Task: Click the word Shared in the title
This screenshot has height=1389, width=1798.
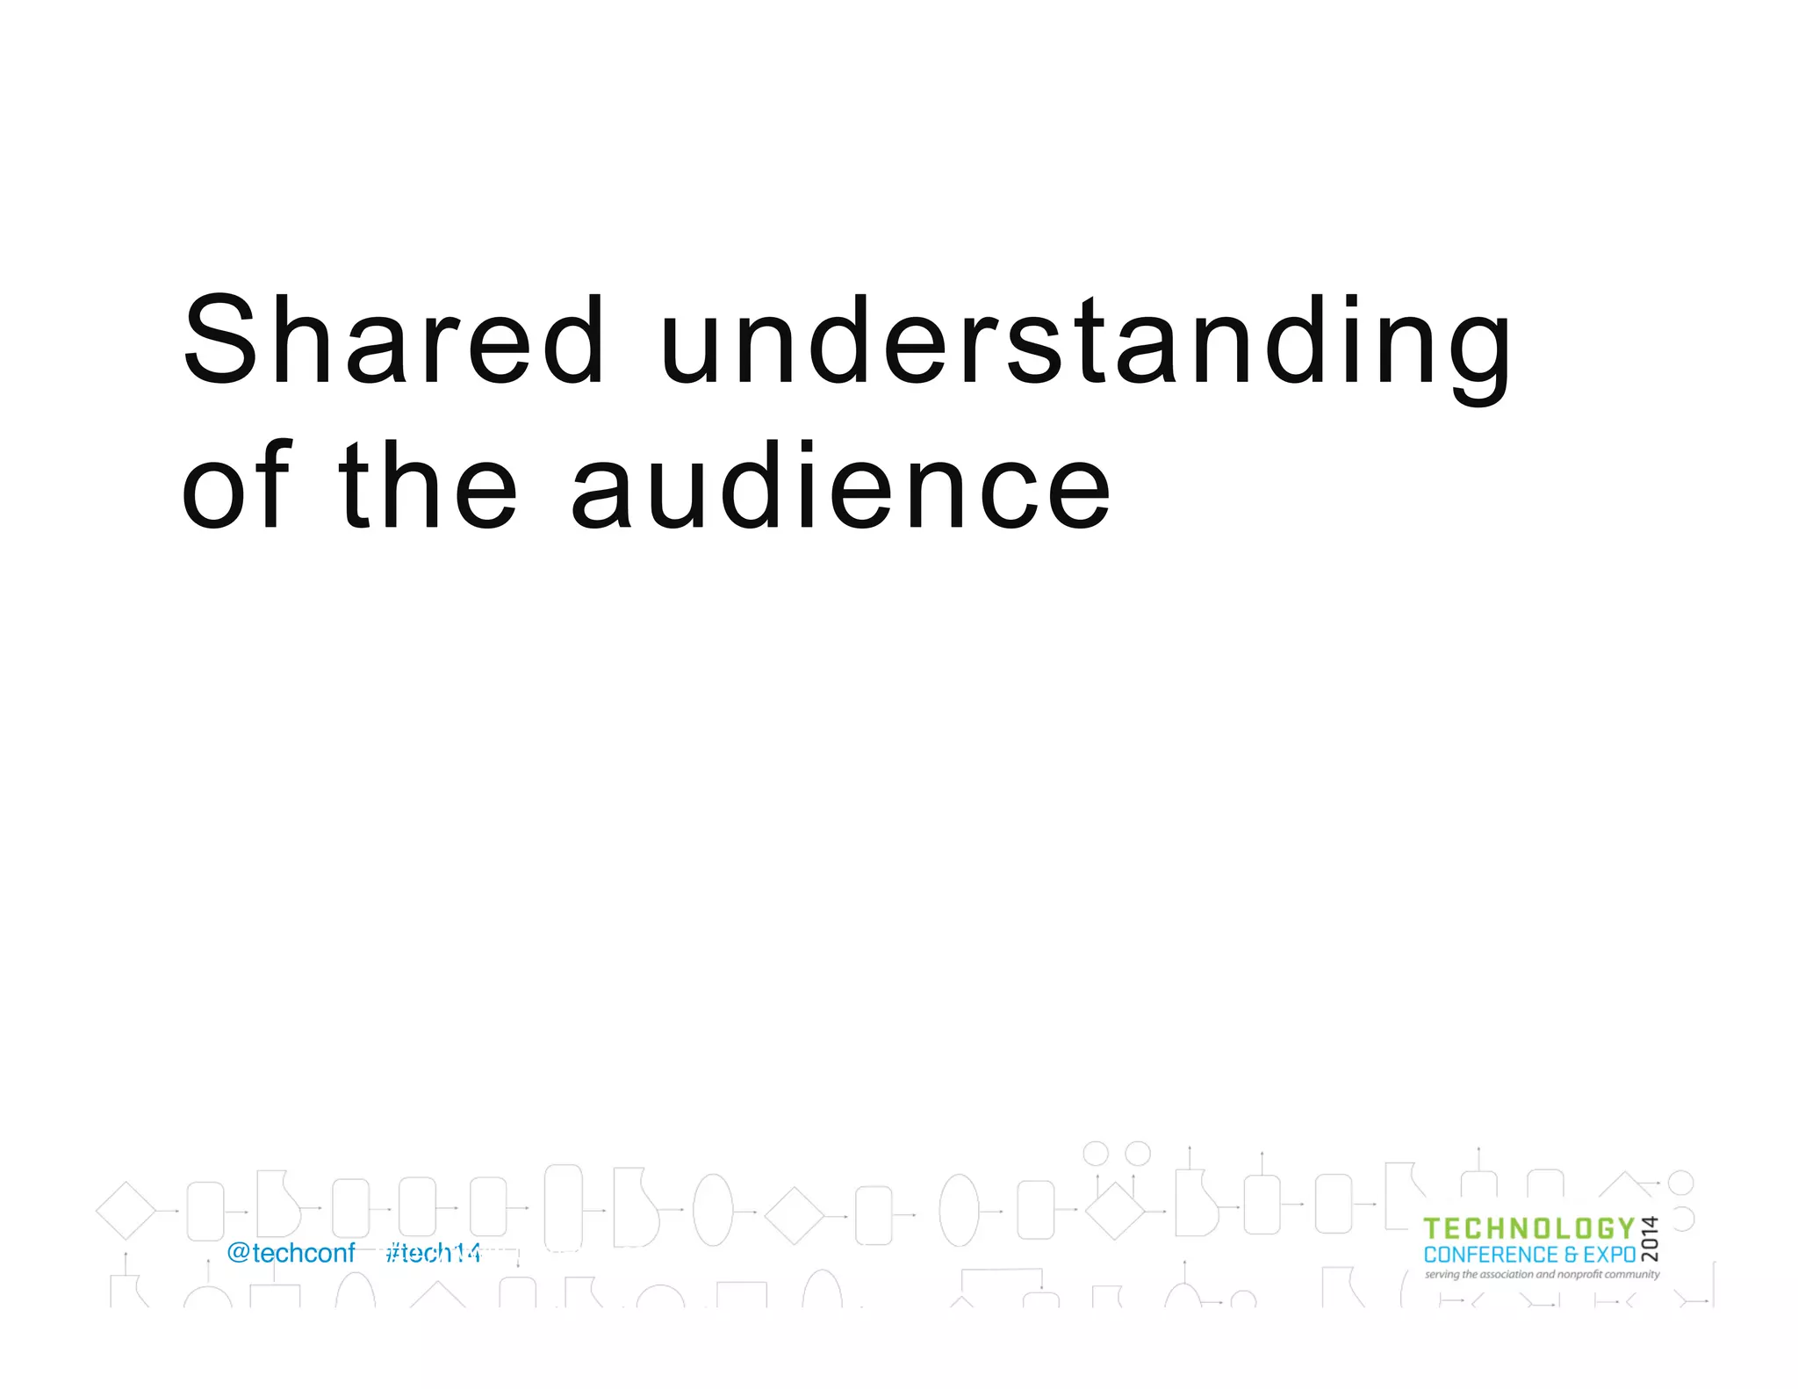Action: coord(393,341)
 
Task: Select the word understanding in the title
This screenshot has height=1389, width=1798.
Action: coord(1085,342)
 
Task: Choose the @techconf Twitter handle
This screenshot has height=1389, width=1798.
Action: coord(291,1253)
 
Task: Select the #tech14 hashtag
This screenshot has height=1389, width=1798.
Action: coord(434,1253)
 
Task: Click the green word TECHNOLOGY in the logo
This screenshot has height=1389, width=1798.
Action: coord(1528,1229)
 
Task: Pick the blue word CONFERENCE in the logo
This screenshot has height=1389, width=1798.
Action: coord(1491,1255)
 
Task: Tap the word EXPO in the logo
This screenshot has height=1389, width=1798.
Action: coord(1609,1255)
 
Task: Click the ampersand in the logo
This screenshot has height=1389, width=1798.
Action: coord(1571,1255)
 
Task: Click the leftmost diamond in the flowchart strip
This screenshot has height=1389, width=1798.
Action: coord(126,1211)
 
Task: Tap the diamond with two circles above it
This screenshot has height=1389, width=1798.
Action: coord(1115,1211)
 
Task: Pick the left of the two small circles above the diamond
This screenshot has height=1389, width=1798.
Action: coord(1096,1153)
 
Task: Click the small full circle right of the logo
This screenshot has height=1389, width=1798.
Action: coord(1680,1183)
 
